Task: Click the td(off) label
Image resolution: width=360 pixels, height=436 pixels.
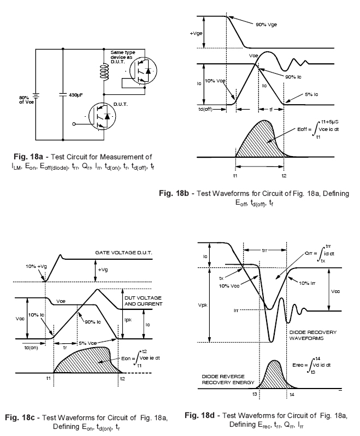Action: [214, 109]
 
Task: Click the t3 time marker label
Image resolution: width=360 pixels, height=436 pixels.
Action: [255, 393]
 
